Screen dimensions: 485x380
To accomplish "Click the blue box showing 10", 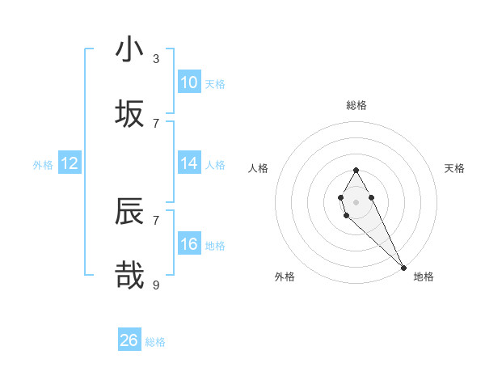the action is click(x=189, y=82).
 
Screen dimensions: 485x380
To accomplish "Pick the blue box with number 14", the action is click(x=189, y=163).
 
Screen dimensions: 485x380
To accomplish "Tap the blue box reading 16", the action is click(x=189, y=244).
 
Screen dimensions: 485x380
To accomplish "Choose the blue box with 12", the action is click(x=69, y=163).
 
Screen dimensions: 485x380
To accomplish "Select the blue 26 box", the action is click(x=129, y=340).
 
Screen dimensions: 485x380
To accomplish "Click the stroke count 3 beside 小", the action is click(x=156, y=59).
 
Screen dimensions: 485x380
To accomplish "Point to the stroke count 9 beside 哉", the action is click(x=156, y=285).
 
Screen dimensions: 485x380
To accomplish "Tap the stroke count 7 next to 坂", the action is click(x=156, y=123).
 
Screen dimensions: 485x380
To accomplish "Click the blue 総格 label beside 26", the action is click(x=155, y=342).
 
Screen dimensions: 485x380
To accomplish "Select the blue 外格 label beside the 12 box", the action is click(x=43, y=165).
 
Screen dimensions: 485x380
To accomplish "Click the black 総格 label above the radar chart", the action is click(x=356, y=105).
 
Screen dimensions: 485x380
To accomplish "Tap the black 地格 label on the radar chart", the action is click(x=424, y=277).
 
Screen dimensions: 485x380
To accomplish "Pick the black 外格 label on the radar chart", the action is click(x=285, y=277).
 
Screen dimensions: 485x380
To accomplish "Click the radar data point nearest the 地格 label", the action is click(x=403, y=268).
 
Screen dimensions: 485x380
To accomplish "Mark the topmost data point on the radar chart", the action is click(x=356, y=170).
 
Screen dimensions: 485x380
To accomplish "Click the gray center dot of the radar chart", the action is click(x=356, y=201).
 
